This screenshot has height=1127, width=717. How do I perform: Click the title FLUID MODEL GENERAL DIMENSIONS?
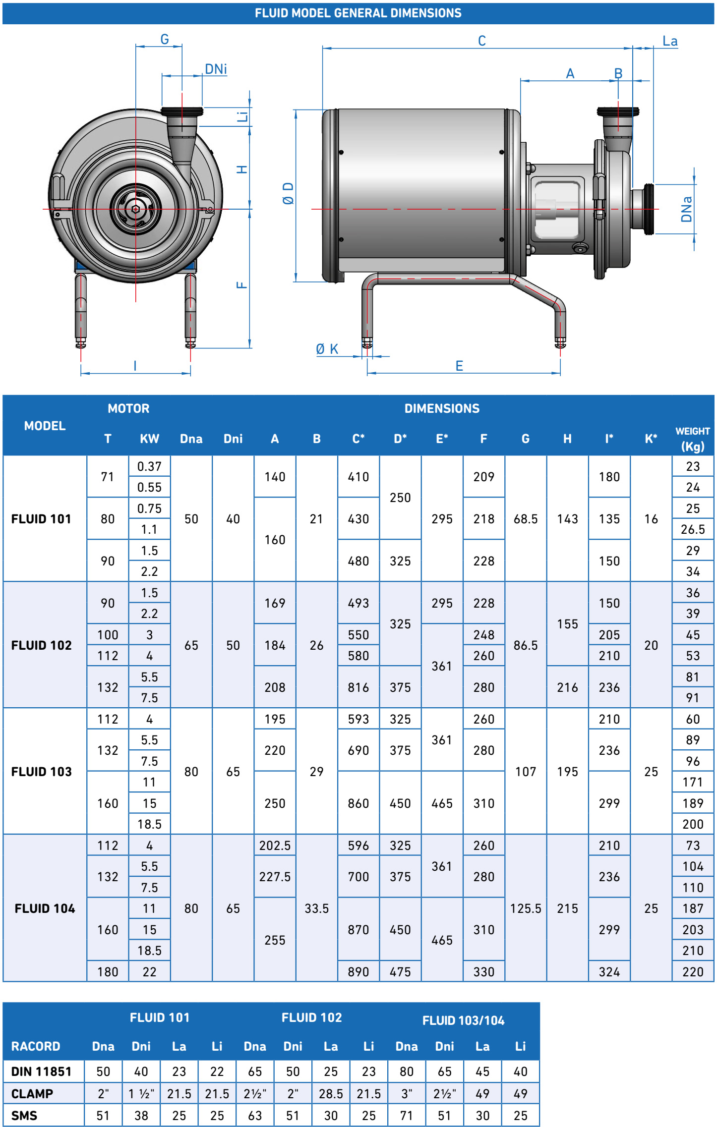pyautogui.click(x=358, y=13)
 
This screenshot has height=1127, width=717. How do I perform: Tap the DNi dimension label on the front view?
pyautogui.click(x=216, y=69)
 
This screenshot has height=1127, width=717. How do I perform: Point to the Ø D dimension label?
pyautogui.click(x=288, y=193)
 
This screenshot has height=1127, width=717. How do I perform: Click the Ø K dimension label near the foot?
pyautogui.click(x=327, y=349)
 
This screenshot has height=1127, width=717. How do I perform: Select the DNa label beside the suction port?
pyautogui.click(x=686, y=209)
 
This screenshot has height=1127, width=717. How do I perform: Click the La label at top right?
pyautogui.click(x=670, y=41)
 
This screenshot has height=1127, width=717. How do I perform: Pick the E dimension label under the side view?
pyautogui.click(x=459, y=366)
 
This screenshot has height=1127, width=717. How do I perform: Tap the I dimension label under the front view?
pyautogui.click(x=135, y=366)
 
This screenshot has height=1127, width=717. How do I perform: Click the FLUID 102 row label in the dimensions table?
pyautogui.click(x=42, y=645)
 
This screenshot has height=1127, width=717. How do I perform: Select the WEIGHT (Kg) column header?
pyautogui.click(x=693, y=439)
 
